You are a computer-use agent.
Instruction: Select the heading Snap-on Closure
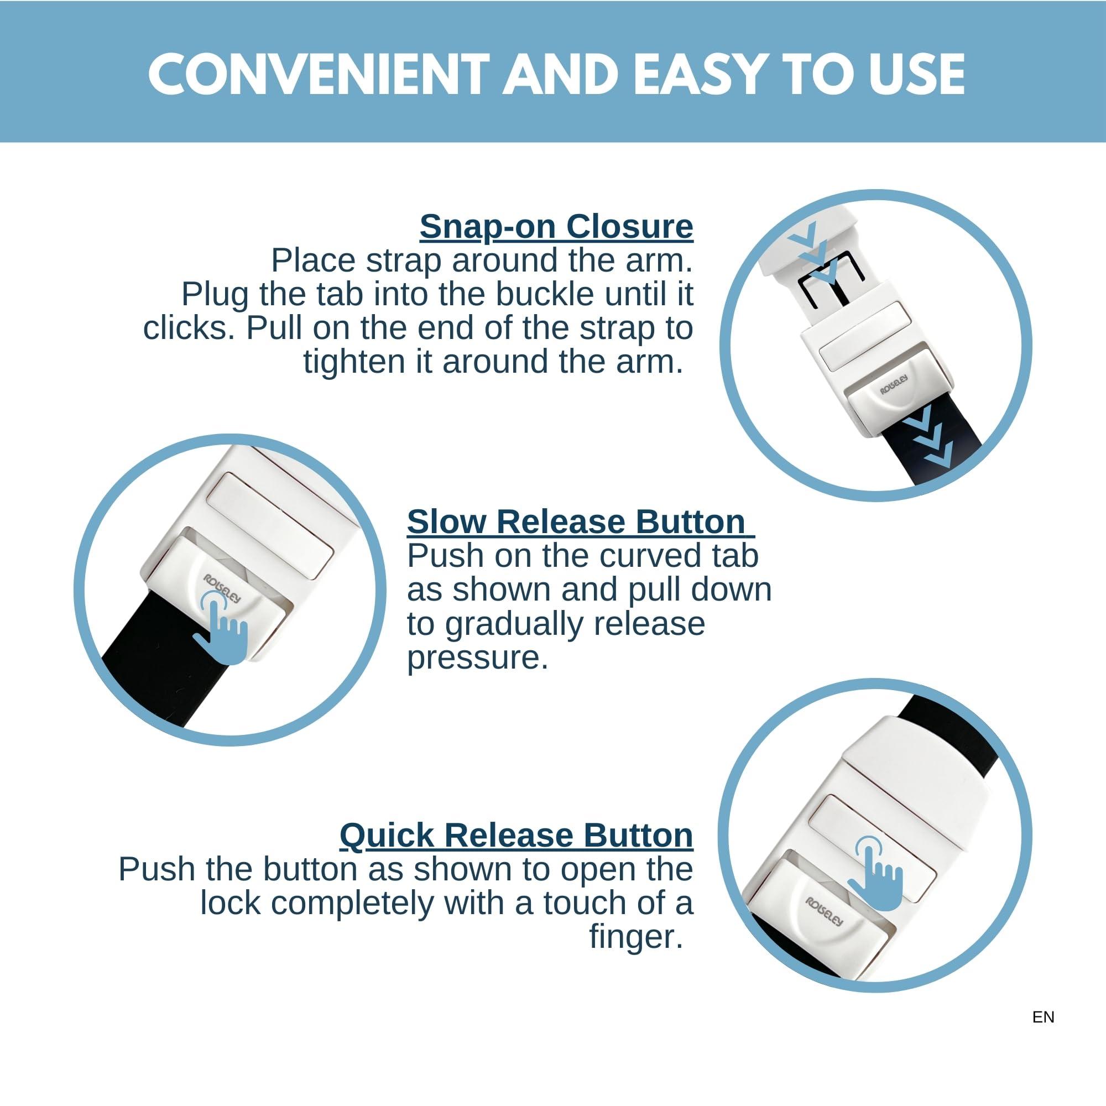click(556, 227)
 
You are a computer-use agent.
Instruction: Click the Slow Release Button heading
click(581, 521)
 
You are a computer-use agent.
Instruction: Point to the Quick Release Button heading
click(517, 835)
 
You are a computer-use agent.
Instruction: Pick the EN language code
click(1043, 1018)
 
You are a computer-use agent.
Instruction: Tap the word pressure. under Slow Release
click(478, 658)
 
